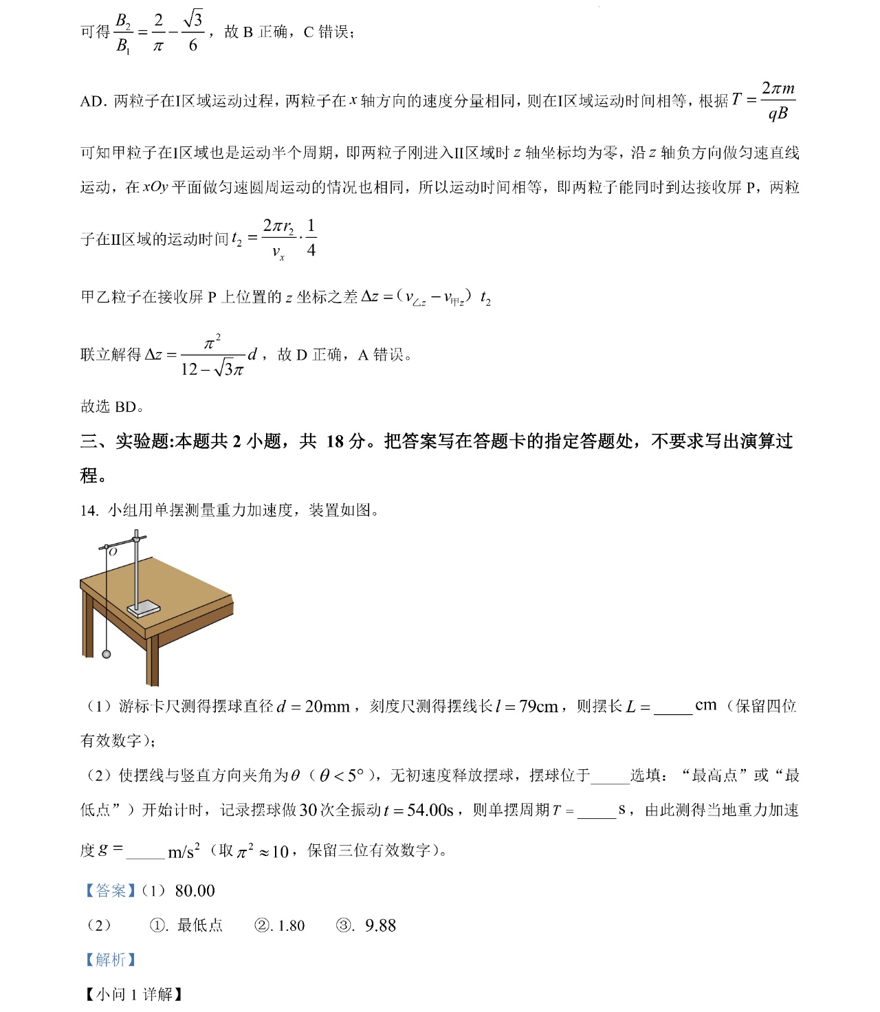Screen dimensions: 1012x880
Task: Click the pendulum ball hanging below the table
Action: tap(107, 654)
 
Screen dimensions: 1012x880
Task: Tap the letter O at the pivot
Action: tap(113, 551)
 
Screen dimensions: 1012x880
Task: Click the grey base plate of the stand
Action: tap(144, 609)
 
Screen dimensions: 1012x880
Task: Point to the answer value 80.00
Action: tap(195, 891)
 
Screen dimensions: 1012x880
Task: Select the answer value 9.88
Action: tap(380, 926)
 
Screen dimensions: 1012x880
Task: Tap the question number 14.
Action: tap(89, 510)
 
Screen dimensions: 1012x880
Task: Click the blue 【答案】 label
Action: tap(109, 891)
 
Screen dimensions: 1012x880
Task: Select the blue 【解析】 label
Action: tap(109, 960)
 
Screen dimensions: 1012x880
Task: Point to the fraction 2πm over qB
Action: tap(778, 100)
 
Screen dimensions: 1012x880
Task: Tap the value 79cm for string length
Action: tap(538, 707)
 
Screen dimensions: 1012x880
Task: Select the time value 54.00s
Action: tap(430, 811)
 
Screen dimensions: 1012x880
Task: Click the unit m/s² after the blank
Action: tap(184, 852)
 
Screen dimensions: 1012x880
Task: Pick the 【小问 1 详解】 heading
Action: tap(133, 994)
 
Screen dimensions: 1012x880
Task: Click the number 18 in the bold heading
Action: tap(335, 441)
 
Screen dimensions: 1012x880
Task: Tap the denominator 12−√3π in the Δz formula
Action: tap(212, 370)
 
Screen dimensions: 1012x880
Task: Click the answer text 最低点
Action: tap(200, 926)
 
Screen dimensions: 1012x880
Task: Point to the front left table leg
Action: tap(153, 659)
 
